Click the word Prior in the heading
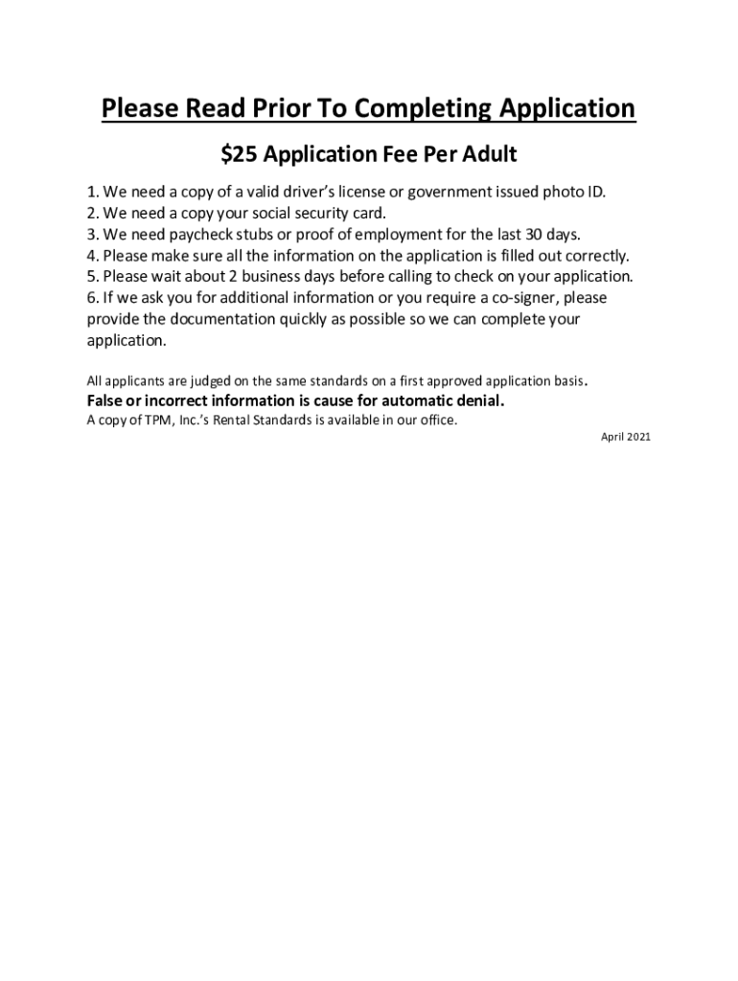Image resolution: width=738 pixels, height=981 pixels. [288, 109]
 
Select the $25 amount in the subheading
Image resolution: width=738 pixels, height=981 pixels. [239, 153]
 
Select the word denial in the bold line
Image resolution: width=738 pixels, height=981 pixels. [477, 400]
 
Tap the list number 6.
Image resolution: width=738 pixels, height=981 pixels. [91, 297]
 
